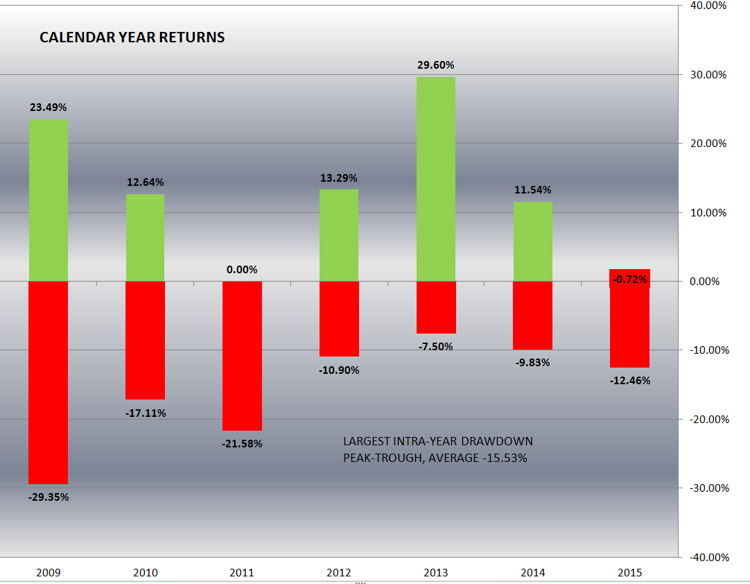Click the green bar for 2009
48,200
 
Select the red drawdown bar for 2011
242,356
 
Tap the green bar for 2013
436,179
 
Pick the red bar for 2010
145,340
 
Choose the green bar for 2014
533,241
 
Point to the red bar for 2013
436,307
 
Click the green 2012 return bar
339,235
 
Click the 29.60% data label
436,65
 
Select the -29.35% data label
49,497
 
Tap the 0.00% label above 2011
242,269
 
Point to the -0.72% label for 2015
630,280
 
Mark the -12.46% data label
630,380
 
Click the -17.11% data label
146,413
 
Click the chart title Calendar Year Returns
132,37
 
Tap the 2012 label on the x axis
339,573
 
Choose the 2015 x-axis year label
630,573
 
